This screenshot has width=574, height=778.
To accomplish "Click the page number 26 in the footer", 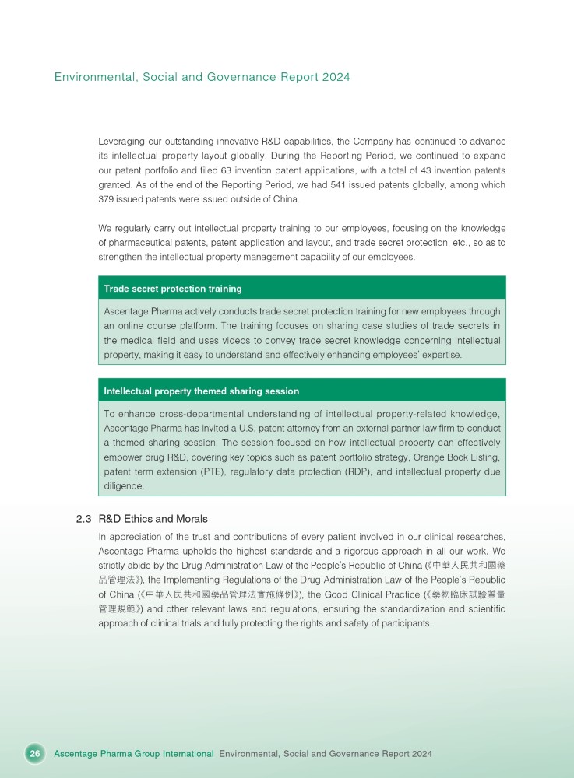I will tap(34, 754).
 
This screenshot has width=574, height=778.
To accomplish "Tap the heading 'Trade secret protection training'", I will tap(173, 289).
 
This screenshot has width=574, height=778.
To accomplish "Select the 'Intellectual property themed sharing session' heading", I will tap(202, 391).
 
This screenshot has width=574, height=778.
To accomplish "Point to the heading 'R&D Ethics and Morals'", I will tap(153, 519).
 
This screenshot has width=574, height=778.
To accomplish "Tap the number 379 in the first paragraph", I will tap(108, 200).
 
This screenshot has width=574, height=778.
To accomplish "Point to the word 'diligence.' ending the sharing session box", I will tap(125, 486).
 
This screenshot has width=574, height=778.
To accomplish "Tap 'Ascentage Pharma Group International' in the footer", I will tap(134, 754).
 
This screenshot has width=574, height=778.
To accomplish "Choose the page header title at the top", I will tap(202, 77).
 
